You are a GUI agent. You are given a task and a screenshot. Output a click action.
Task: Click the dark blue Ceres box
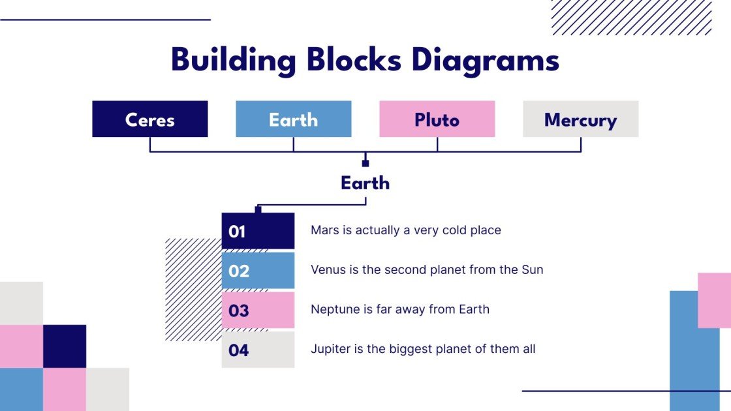click(150, 119)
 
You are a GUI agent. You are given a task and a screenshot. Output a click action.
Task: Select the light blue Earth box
click(294, 119)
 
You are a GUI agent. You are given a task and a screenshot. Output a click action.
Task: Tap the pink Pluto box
click(437, 119)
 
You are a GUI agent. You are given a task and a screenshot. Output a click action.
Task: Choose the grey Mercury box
click(581, 119)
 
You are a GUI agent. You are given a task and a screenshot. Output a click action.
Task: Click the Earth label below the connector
click(365, 183)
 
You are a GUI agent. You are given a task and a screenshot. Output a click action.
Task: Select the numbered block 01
click(258, 231)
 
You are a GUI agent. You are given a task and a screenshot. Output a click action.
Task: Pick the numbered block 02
click(258, 271)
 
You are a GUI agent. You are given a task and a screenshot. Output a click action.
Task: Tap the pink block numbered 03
click(258, 310)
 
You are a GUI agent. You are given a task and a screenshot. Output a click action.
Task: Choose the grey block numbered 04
click(258, 350)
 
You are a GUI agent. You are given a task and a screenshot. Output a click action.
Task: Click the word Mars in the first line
click(324, 230)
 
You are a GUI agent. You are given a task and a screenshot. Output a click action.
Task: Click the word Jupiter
click(330, 349)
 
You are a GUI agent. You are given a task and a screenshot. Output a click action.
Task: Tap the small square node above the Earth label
click(365, 163)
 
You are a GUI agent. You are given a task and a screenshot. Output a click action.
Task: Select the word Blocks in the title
click(354, 61)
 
